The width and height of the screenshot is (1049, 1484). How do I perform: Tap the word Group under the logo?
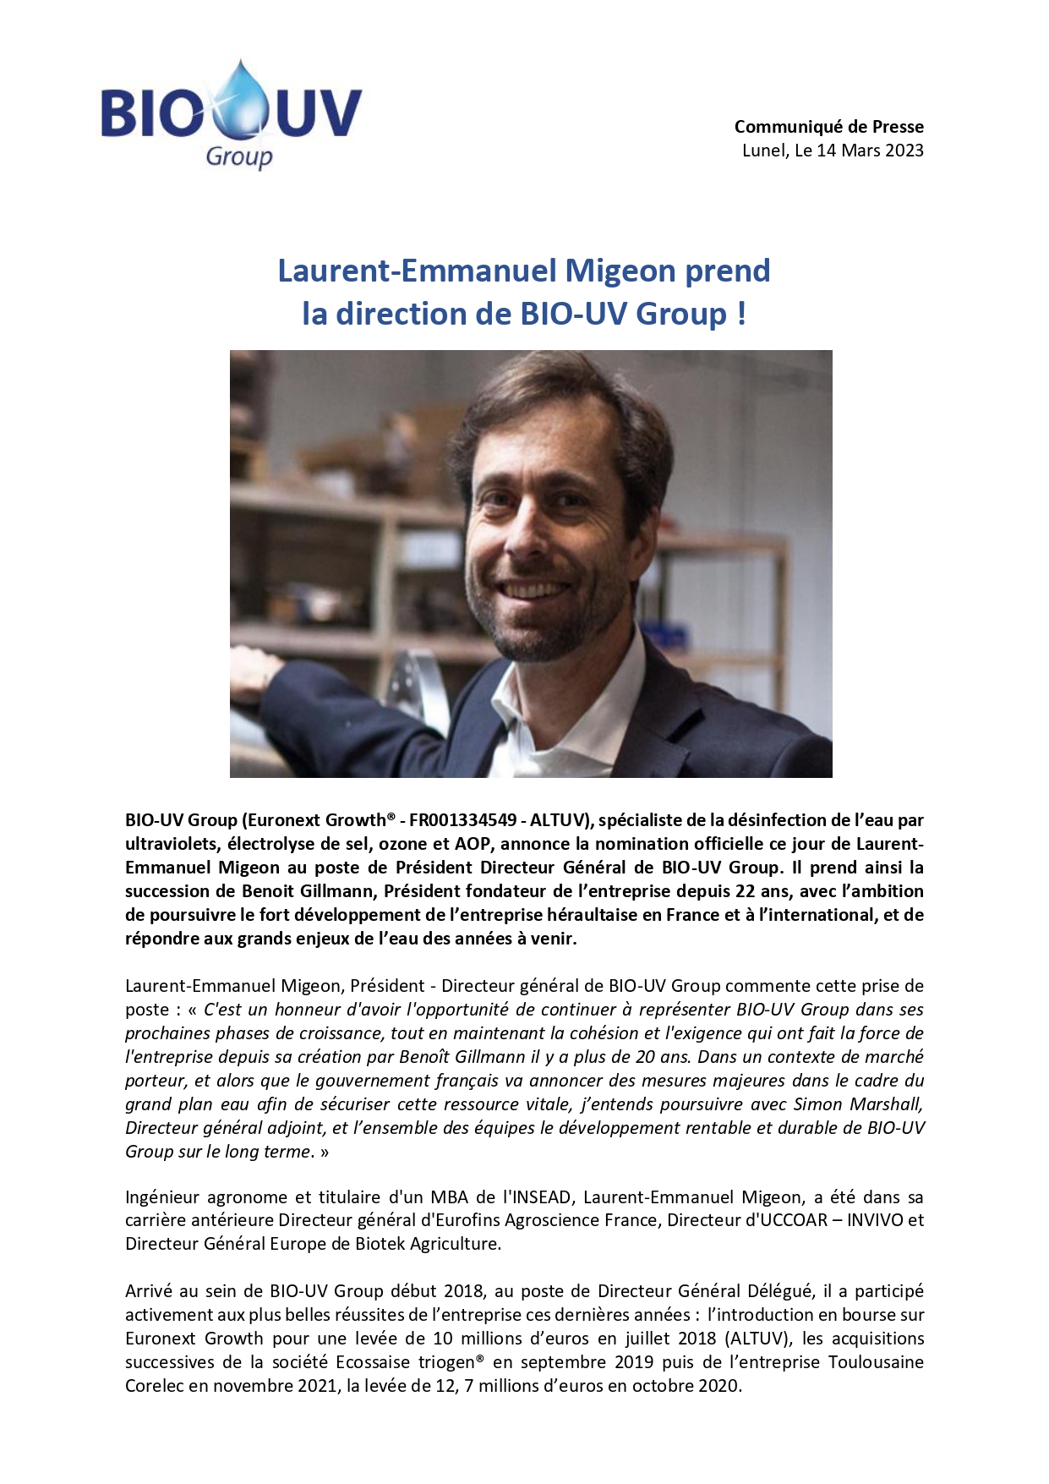click(239, 156)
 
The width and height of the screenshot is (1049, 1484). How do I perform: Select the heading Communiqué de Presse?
click(828, 127)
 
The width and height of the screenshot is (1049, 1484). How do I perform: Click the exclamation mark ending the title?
click(741, 314)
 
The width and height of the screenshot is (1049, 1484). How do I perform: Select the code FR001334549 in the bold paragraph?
click(462, 820)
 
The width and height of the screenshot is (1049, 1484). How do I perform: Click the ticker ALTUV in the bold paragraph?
click(558, 820)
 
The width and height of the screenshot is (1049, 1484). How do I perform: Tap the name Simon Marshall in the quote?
click(859, 1104)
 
